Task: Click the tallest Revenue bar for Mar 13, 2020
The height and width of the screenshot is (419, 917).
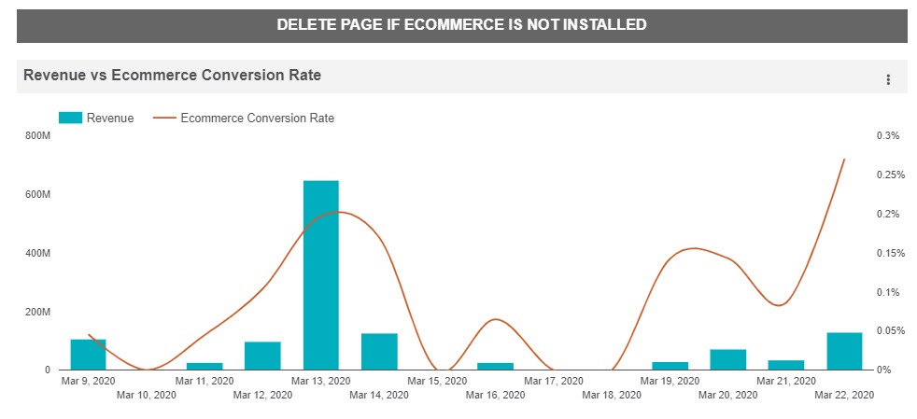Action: click(x=320, y=275)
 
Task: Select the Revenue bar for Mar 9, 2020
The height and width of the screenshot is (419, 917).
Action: click(x=88, y=355)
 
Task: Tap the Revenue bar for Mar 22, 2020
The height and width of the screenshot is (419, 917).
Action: click(x=844, y=351)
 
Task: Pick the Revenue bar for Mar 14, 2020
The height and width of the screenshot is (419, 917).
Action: click(x=379, y=352)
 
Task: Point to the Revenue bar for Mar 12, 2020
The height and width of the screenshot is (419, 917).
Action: click(x=262, y=356)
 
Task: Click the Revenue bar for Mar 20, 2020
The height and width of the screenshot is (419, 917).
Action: click(x=727, y=359)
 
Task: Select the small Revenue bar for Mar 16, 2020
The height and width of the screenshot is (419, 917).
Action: click(x=495, y=366)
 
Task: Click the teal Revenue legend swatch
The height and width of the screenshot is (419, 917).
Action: click(x=70, y=119)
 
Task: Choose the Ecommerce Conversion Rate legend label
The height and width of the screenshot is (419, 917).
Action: click(x=257, y=119)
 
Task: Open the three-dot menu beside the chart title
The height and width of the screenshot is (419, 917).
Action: click(x=888, y=79)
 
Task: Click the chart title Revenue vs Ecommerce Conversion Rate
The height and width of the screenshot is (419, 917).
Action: click(x=172, y=76)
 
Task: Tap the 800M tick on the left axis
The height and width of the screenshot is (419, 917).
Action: click(x=38, y=136)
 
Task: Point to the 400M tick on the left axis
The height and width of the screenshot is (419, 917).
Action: click(x=38, y=254)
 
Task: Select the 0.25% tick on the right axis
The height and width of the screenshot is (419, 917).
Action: click(x=888, y=175)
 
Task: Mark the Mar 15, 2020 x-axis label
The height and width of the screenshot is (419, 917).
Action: click(x=437, y=382)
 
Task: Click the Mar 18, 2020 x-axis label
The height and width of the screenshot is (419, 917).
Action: click(x=611, y=396)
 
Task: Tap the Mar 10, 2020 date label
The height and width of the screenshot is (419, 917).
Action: click(x=146, y=396)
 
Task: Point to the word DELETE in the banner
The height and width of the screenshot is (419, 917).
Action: click(x=305, y=25)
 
